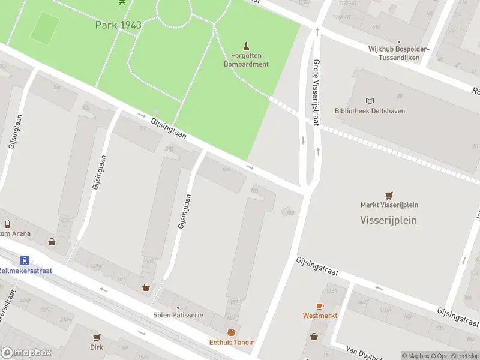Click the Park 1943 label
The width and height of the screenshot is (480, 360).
[118, 25]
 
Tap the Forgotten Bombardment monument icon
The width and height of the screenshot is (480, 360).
[246, 46]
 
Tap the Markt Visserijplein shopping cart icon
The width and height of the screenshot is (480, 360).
[389, 195]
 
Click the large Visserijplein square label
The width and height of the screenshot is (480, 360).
[388, 220]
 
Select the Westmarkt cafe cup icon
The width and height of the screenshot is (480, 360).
[320, 306]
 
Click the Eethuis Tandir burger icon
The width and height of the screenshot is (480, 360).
[231, 332]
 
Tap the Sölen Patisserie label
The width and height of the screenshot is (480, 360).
[178, 315]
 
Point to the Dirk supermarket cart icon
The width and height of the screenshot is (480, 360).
[97, 337]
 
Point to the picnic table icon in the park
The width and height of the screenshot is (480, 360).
[122, 2]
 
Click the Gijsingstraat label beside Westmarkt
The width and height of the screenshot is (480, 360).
[317, 268]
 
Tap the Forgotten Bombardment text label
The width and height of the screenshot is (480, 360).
[246, 60]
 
